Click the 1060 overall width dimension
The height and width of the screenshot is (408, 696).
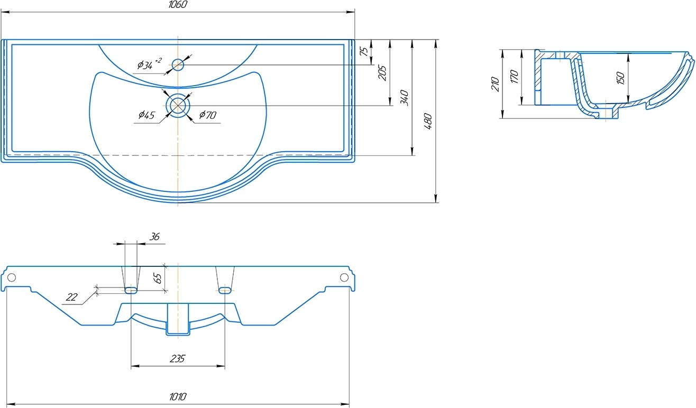coord(178,4)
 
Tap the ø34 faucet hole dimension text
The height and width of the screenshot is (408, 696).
coord(150,64)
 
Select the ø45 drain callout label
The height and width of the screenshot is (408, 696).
coord(146,115)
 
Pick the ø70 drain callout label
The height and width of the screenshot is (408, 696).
coord(207,115)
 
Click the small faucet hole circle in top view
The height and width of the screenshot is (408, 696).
coord(178,65)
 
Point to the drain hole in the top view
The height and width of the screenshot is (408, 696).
coord(177,105)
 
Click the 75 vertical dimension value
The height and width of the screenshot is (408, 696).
coord(364,51)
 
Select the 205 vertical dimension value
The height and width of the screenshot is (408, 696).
coord(382,73)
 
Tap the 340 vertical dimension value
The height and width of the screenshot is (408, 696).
coord(405,98)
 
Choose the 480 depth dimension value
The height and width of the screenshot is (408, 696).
coord(428,122)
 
